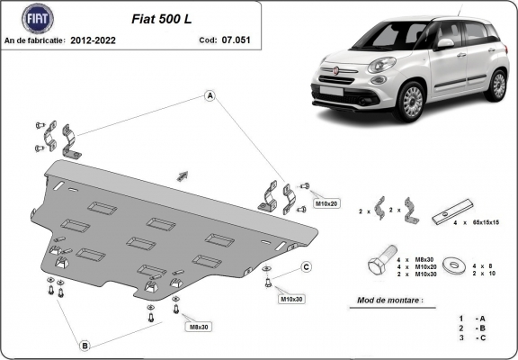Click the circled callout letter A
tap(209, 95)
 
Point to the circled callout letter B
tap(85, 345)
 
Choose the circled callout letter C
tap(306, 267)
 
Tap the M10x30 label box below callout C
tap(291, 298)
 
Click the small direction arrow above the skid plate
tap(183, 175)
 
